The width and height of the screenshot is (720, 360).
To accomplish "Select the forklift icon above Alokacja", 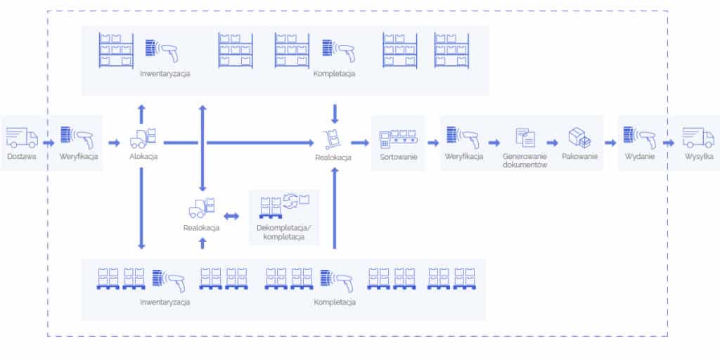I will click(143, 137).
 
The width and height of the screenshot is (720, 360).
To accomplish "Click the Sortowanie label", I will click(399, 157).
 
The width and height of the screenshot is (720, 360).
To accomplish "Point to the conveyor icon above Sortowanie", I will click(398, 137).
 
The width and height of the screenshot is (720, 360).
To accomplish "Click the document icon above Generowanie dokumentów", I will click(525, 137).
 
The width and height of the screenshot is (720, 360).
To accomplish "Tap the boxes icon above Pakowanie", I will click(579, 137).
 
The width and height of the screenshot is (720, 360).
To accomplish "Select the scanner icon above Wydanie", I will click(640, 136).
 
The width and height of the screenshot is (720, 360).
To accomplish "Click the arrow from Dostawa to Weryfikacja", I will click(48, 143).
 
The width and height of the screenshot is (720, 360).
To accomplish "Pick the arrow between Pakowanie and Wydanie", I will click(610, 143).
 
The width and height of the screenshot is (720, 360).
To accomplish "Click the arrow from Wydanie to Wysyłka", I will click(671, 143).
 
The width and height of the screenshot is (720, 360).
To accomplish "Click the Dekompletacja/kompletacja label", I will click(284, 233).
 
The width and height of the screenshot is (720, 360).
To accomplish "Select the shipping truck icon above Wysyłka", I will click(698, 136).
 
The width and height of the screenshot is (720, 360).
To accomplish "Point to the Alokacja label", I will click(143, 157).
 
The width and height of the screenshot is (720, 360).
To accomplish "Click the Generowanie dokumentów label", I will click(525, 160).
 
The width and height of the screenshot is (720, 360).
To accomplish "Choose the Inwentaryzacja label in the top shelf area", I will click(165, 73).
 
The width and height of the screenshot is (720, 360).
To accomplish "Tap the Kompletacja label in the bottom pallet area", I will click(335, 302).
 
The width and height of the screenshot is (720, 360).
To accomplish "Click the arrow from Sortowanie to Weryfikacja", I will click(432, 143).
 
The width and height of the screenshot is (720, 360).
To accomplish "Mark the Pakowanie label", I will click(579, 157).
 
